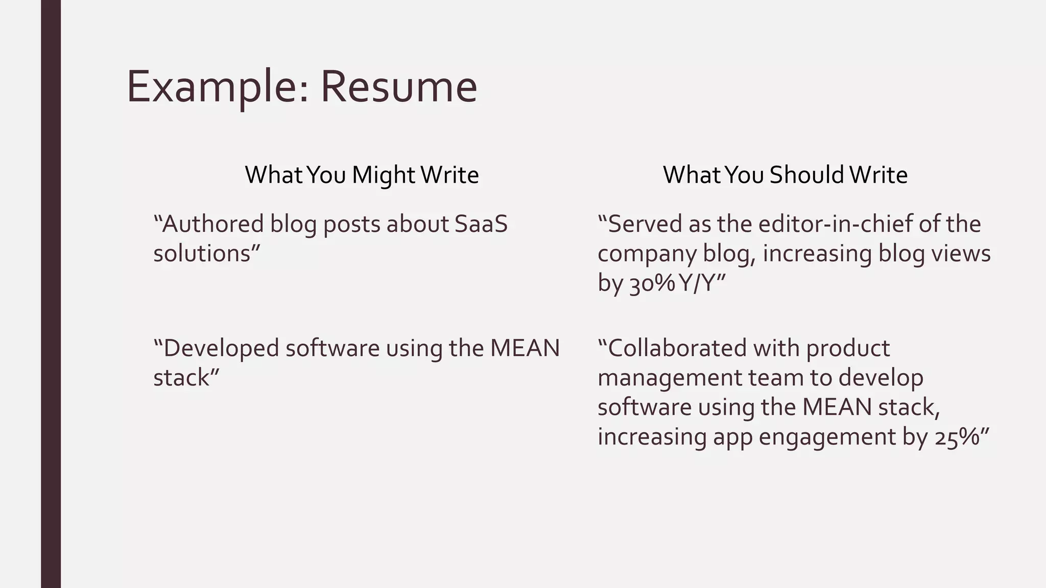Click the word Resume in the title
pos(398,87)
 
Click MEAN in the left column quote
pos(525,348)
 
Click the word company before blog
pos(647,254)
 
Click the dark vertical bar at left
pos(51,294)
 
